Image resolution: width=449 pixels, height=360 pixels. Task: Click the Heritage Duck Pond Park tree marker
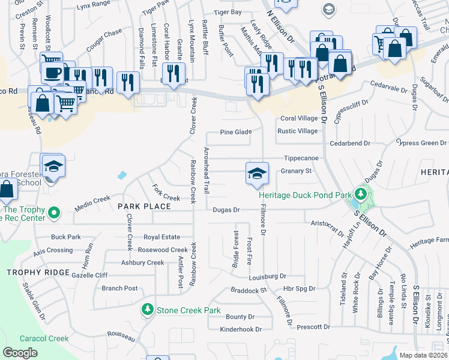click(360, 194)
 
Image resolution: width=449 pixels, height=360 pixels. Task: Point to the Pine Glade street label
click(235, 132)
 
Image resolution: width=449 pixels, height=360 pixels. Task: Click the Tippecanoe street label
click(300, 158)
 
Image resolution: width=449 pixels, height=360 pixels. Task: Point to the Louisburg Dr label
click(268, 277)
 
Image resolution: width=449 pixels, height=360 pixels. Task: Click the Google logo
click(20, 353)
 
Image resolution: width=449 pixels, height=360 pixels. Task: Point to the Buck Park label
click(66, 237)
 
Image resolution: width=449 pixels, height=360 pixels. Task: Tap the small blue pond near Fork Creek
click(122, 176)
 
